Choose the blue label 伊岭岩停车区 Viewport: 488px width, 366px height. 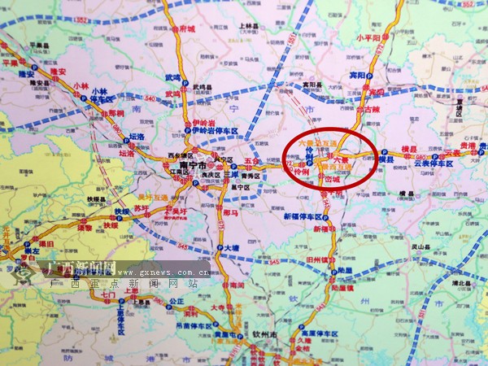216,130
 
